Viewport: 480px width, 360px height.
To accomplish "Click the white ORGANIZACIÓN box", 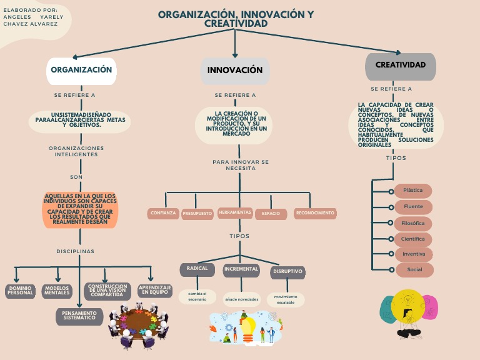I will tap(81, 71).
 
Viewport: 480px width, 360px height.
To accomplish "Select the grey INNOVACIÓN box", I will tap(235, 71).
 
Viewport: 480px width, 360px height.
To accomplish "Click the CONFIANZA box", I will tap(163, 214).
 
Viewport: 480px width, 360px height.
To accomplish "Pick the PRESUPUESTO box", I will tap(197, 214).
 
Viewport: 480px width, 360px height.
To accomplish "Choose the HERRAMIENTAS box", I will tap(235, 213).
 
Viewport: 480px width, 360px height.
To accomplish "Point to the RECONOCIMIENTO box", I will tap(315, 214).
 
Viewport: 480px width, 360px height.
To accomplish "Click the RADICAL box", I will tap(197, 269).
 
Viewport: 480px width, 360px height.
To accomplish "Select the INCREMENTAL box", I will tap(241, 270).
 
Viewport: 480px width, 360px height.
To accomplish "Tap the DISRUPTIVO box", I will tap(288, 272).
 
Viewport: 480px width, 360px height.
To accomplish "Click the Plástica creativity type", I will tap(413, 191).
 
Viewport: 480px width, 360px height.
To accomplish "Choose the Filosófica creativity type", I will tap(413, 223).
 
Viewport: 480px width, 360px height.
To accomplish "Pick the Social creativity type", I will tap(414, 270).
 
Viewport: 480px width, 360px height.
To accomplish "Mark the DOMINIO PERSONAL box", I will tap(20, 291).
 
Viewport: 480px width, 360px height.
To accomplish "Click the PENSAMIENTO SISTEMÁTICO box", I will tap(79, 316).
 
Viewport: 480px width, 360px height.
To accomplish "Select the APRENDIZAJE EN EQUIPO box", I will tap(154, 291).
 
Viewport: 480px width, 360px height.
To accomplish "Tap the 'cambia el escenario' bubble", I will tap(197, 296).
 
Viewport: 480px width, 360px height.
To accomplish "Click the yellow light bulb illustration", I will tap(249, 327).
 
